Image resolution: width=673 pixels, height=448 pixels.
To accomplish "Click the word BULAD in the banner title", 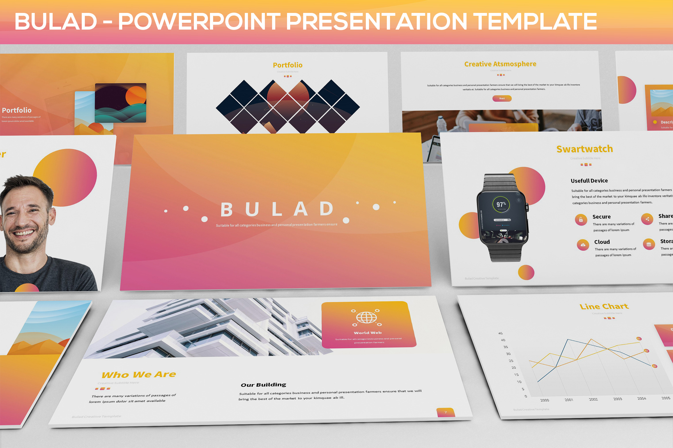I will click(x=56, y=22).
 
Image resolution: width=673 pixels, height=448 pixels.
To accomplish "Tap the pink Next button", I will click(x=502, y=99).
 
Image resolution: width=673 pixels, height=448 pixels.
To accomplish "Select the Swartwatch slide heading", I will click(x=585, y=149).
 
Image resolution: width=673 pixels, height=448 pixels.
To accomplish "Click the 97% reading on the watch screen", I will click(x=501, y=204).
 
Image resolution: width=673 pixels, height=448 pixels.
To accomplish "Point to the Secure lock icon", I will click(x=581, y=220).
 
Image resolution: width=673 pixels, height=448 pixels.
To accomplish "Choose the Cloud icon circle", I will click(x=583, y=245).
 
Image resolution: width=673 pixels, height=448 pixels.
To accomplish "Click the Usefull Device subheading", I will click(x=589, y=181).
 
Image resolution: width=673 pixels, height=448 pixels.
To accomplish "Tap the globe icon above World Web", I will click(x=366, y=318).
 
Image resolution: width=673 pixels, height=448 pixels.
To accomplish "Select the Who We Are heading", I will click(x=139, y=374).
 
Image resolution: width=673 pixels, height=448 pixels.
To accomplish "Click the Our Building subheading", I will click(x=263, y=385).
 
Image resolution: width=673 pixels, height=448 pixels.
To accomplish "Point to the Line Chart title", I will click(x=604, y=306).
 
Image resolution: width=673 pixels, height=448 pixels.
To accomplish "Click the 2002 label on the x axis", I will click(x=593, y=399).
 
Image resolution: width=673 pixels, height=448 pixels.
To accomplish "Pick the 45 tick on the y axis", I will click(x=500, y=333).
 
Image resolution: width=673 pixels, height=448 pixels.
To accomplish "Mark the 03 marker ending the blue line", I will click(x=655, y=366).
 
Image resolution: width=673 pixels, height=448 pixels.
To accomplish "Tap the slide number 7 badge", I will click(x=446, y=412).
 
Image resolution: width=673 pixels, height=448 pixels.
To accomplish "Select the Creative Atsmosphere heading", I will click(x=500, y=64).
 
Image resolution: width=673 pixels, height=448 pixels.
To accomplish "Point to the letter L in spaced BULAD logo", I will click(x=277, y=209).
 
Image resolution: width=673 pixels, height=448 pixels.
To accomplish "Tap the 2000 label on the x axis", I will click(x=544, y=400).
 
